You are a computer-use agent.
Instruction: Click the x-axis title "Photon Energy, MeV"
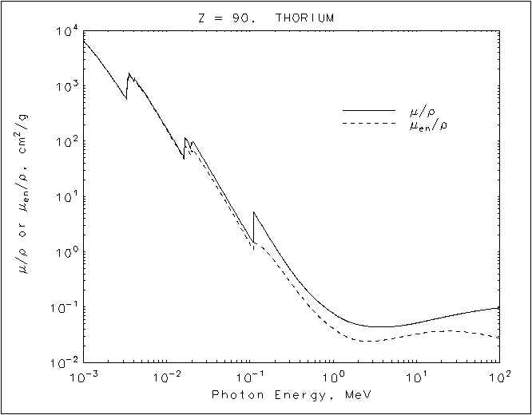(292, 395)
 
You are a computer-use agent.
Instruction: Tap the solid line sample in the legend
(369, 109)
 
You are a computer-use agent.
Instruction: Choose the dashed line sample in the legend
(369, 124)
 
